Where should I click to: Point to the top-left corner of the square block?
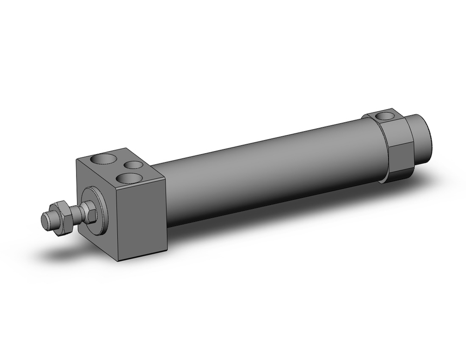pyautogui.click(x=77, y=159)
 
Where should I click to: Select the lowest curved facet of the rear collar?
pyautogui.click(x=396, y=176)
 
